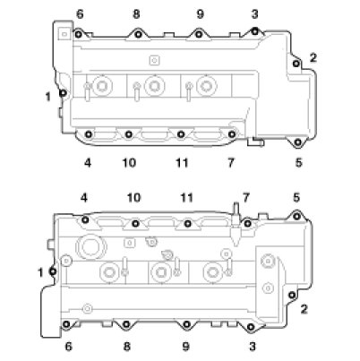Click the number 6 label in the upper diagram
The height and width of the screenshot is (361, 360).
pyautogui.click(x=80, y=14)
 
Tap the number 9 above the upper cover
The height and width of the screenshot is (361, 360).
pyautogui.click(x=201, y=13)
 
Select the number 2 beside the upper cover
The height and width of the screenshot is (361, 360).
pyautogui.click(x=313, y=57)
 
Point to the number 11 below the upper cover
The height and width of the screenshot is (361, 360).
pyautogui.click(x=182, y=163)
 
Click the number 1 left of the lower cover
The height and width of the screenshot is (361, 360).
pyautogui.click(x=41, y=272)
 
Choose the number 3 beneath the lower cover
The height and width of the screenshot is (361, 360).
pyautogui.click(x=253, y=347)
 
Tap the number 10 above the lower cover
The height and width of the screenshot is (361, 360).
pyautogui.click(x=134, y=197)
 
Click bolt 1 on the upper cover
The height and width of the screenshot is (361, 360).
pyautogui.click(x=63, y=93)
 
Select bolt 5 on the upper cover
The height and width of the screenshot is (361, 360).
pyautogui.click(x=297, y=142)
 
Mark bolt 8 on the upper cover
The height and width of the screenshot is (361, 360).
pyautogui.click(x=138, y=34)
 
